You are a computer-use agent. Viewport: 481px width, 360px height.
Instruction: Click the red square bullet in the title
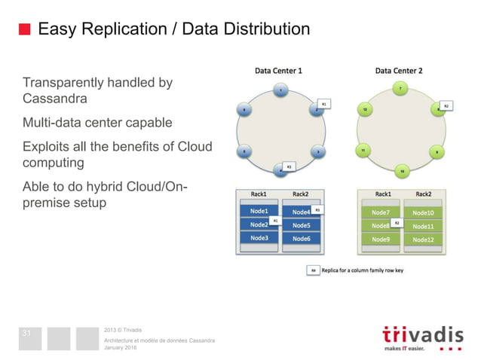tap(24, 30)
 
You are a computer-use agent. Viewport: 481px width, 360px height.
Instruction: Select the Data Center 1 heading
tap(278, 71)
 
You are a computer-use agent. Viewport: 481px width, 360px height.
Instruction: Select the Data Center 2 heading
tap(399, 71)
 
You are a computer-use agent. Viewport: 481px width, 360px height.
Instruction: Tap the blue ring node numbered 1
tap(280, 91)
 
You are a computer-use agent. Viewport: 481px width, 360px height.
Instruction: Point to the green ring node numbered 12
tap(365, 110)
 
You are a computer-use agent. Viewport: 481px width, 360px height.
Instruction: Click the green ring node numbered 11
tap(363, 151)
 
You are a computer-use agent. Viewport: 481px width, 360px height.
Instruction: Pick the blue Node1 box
tap(259, 212)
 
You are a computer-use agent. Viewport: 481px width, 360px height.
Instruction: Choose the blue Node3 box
tap(259, 238)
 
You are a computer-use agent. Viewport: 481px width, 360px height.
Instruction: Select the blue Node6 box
tap(302, 239)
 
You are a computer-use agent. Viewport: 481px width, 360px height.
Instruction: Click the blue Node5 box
tap(302, 225)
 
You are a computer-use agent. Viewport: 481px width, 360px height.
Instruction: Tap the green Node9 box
tap(380, 239)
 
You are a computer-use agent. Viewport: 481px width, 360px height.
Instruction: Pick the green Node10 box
tap(423, 213)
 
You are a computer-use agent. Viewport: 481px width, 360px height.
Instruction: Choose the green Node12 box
tap(423, 239)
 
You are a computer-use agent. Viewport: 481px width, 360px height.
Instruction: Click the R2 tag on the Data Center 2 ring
tap(446, 106)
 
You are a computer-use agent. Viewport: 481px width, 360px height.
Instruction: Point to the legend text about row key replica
tap(362, 270)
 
